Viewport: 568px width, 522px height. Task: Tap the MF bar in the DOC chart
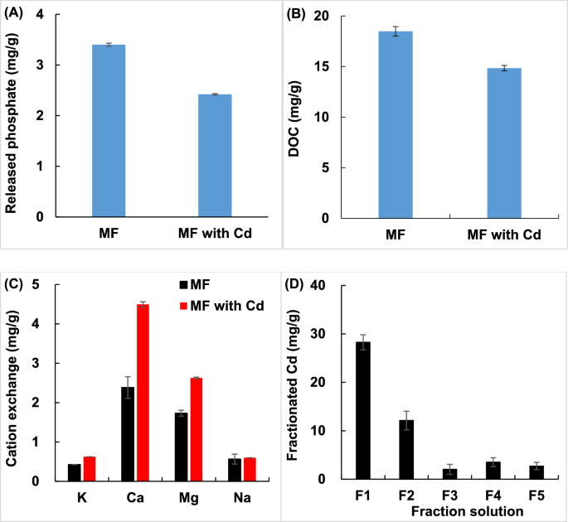click(396, 124)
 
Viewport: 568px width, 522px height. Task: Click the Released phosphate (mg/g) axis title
click(13, 116)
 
